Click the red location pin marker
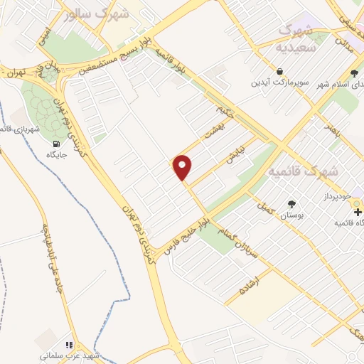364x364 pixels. (x=183, y=167)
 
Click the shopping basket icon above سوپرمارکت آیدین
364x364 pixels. (x=281, y=71)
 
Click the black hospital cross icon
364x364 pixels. (x=357, y=211)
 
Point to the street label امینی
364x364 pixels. (x=43, y=36)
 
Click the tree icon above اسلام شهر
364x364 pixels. (x=355, y=74)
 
